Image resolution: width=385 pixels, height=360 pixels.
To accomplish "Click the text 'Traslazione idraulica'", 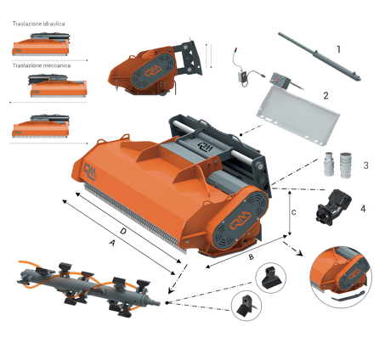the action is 38,24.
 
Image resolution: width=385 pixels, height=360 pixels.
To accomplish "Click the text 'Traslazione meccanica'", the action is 42,65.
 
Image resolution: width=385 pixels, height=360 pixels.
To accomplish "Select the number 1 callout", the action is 338,49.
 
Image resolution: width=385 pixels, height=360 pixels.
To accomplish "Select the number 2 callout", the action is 326,96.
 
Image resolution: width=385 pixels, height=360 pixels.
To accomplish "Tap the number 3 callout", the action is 365,166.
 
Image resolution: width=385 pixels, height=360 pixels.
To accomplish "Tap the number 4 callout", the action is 363,209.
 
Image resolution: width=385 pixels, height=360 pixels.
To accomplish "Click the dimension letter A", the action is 112,243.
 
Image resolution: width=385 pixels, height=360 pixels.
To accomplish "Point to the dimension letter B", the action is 251,256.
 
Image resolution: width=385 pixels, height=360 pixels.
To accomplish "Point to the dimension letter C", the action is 294,212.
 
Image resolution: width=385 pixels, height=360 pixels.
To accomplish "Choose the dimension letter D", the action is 122,231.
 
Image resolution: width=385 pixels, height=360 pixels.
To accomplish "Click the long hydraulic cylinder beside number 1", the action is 320,57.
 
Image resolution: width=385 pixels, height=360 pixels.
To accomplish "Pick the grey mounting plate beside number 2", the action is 297,115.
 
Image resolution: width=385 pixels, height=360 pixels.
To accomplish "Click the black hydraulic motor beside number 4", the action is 333,206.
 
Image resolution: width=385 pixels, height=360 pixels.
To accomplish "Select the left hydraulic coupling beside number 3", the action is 329,164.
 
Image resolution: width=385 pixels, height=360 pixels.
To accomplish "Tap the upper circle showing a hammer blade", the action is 270,278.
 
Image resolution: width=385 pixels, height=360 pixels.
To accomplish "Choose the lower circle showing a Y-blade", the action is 246,306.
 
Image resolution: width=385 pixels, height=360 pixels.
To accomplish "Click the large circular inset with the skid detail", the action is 341,278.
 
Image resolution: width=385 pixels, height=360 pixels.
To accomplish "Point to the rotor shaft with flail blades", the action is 88,289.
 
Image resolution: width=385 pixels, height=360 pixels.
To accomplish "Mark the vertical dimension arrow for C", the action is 289,213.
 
